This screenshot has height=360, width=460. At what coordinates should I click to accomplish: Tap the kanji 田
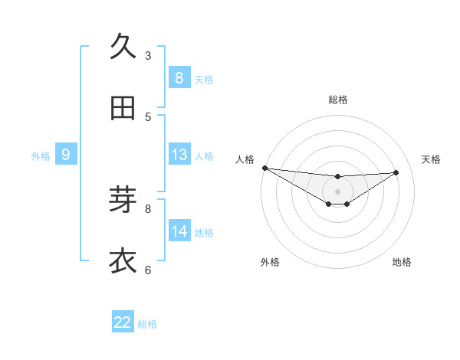(x=123, y=110)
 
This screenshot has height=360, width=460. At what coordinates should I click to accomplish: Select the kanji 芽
(x=123, y=199)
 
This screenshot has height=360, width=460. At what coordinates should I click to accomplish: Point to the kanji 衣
(x=123, y=261)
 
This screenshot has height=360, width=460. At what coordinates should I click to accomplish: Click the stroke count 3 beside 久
(x=148, y=55)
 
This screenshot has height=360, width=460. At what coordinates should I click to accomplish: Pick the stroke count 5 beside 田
(x=148, y=117)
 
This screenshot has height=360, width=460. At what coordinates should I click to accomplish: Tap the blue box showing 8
(x=179, y=78)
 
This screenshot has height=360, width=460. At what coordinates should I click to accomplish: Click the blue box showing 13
(x=179, y=155)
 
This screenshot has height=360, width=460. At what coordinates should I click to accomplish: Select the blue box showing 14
(x=179, y=231)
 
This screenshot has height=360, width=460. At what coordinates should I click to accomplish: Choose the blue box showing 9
(x=66, y=155)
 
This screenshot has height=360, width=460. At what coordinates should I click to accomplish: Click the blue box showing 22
(x=123, y=322)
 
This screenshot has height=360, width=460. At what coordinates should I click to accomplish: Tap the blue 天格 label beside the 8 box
(x=204, y=79)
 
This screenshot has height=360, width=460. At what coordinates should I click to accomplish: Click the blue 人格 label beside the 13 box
(x=204, y=156)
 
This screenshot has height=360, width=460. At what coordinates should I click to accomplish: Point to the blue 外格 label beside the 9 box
(x=41, y=156)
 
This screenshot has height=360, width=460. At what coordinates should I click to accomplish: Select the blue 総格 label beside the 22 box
(x=147, y=324)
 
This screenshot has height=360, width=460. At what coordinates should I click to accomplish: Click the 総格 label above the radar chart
(x=337, y=100)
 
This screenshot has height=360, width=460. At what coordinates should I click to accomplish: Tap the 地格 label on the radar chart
(x=402, y=262)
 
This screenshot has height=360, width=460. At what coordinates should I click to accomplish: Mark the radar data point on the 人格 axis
(x=264, y=168)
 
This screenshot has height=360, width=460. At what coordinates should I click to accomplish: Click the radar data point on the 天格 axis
(x=396, y=172)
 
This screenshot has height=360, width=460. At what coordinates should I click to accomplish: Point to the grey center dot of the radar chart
(x=337, y=191)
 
